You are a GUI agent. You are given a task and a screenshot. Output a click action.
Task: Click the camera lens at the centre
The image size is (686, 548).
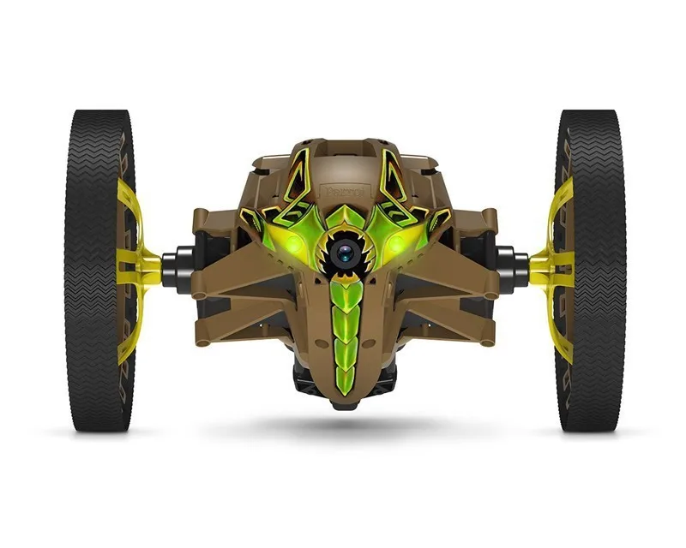coord(345,252)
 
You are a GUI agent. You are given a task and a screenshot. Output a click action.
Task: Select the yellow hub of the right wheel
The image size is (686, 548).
coord(549,265)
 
